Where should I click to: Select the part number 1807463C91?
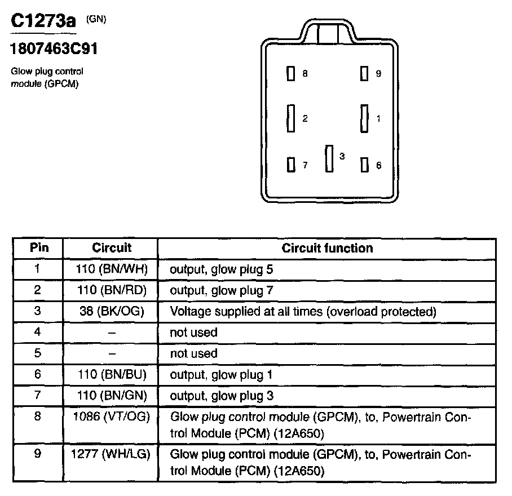point(54,49)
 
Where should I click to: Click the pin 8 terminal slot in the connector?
point(291,74)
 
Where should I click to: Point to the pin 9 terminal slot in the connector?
point(364,73)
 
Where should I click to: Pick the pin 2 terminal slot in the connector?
point(291,118)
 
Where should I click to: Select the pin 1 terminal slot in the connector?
point(364,118)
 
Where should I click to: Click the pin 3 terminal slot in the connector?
point(329,158)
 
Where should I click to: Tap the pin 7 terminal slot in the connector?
point(291,165)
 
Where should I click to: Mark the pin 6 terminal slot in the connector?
point(364,165)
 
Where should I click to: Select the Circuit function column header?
point(327,248)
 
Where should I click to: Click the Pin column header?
point(38,248)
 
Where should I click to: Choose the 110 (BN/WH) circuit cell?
point(111,269)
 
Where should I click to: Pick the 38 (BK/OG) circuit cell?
point(111,311)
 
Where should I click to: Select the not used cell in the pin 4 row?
point(193,333)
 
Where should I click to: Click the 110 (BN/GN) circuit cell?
point(111,396)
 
